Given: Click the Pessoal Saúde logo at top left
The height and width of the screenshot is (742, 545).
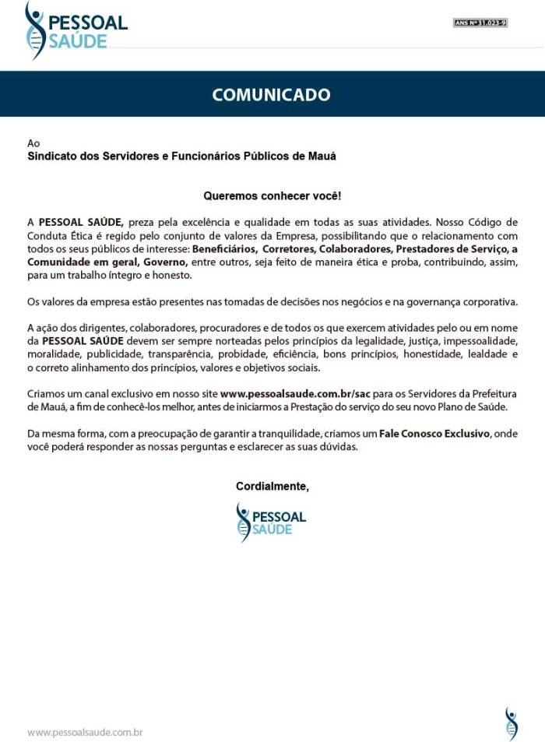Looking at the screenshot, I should pos(76,30).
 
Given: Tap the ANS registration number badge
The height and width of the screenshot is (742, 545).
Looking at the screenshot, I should pos(480,23).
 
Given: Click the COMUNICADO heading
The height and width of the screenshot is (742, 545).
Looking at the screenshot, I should pos(272,95).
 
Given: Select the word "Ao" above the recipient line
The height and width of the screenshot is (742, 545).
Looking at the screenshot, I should pos(33,143).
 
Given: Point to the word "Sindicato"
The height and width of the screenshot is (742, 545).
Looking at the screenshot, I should pos(52,156).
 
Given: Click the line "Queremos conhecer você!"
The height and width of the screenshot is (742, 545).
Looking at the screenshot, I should pos(272,196).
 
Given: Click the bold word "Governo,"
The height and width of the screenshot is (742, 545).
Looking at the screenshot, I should pos(166,262).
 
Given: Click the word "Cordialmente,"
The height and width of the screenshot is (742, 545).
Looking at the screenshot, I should pos(272,487).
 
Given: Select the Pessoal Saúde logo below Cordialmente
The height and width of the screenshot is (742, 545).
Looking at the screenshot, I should pos(271,522).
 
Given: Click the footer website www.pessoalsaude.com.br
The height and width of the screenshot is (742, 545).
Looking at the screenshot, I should pos(85,732).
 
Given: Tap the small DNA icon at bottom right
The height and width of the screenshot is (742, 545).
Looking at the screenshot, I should pos(511,723).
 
